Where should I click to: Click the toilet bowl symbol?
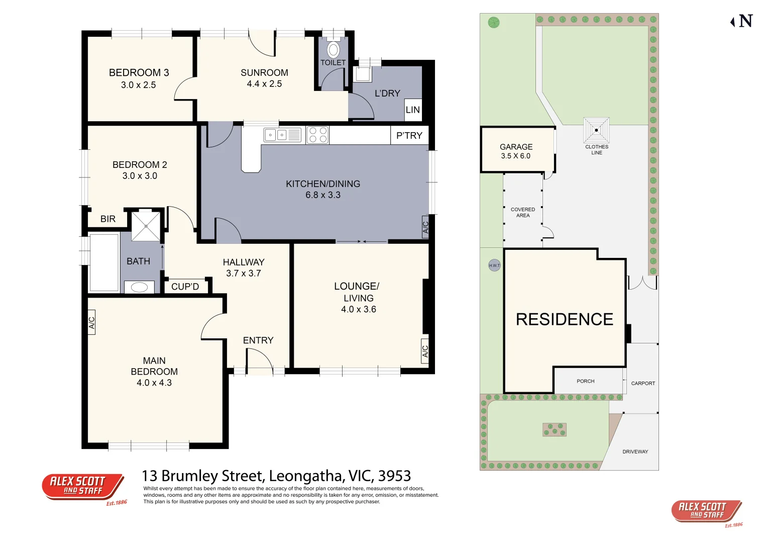[x=333, y=50]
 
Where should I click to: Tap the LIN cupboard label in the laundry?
[x=412, y=110]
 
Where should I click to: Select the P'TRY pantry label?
[x=409, y=135]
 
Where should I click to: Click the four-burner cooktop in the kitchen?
[x=317, y=135]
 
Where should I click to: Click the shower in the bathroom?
[x=146, y=226]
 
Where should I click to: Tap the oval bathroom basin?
[x=139, y=287]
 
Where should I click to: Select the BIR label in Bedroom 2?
[x=108, y=219]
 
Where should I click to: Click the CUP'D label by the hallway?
[x=185, y=287]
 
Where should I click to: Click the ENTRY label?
[x=258, y=340]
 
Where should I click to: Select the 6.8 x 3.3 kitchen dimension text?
[x=323, y=195]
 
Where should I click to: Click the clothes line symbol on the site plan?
[x=596, y=130]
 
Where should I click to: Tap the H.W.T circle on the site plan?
[x=494, y=265]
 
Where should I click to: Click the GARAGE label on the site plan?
[x=516, y=147]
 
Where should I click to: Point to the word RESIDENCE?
[x=565, y=319]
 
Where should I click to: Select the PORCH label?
[x=585, y=381]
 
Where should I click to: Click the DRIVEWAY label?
[x=635, y=451]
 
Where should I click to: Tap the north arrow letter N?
[x=745, y=21]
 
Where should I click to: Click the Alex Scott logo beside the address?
[x=83, y=486]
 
